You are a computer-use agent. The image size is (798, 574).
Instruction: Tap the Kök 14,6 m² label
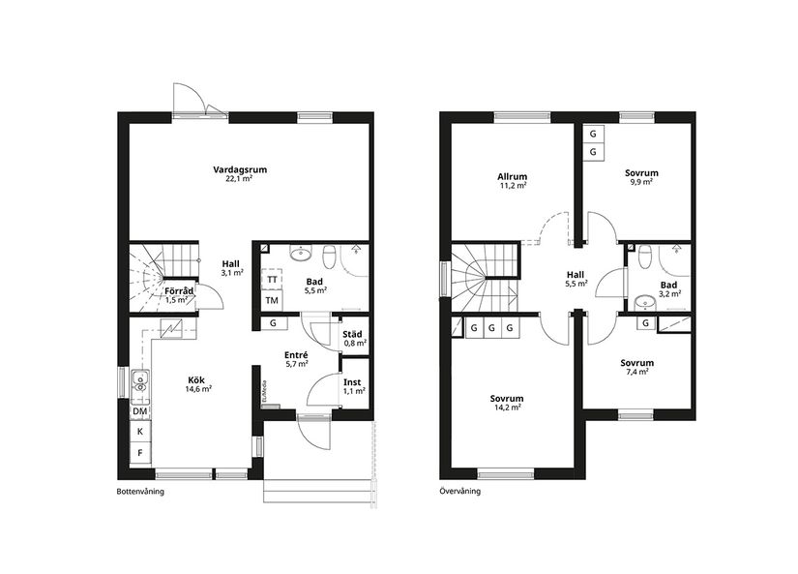[199, 383]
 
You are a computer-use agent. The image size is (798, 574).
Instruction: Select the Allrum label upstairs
[512, 181]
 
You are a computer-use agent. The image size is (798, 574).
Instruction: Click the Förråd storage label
[177, 294]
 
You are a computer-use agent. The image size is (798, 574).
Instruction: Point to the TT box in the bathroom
[272, 280]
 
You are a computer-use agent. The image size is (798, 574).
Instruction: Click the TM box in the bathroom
[272, 301]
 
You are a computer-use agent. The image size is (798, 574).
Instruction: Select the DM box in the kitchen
[140, 411]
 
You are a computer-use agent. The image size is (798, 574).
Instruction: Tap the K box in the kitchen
[140, 431]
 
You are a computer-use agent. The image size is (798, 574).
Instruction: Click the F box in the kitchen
[140, 452]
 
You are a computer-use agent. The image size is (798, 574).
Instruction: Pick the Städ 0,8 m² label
[355, 338]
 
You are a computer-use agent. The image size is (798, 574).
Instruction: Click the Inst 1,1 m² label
[354, 386]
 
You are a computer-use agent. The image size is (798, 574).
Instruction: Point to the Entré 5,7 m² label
[296, 359]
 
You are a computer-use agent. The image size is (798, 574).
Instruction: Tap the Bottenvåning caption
[139, 492]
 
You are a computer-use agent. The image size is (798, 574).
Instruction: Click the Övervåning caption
[460, 492]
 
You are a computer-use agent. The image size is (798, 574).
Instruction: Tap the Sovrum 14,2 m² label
[506, 403]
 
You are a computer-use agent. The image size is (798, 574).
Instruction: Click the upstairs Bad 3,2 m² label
[668, 289]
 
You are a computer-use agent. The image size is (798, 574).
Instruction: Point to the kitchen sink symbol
[139, 380]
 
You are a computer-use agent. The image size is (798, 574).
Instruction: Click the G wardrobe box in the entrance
[274, 323]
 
